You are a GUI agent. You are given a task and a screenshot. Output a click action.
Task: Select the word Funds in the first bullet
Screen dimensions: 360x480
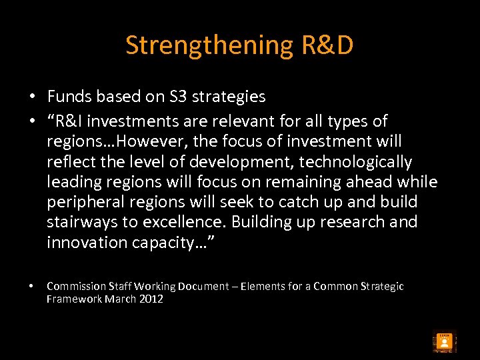click(69, 97)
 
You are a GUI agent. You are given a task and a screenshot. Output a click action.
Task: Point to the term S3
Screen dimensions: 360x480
click(177, 97)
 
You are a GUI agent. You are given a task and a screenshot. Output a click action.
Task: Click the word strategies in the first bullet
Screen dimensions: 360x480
click(229, 97)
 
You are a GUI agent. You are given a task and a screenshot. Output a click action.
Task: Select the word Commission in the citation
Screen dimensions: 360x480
click(75, 286)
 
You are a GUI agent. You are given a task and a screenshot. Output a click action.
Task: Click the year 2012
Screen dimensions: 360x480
click(151, 299)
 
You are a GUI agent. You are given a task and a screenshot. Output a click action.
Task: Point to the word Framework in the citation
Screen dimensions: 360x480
click(73, 299)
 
